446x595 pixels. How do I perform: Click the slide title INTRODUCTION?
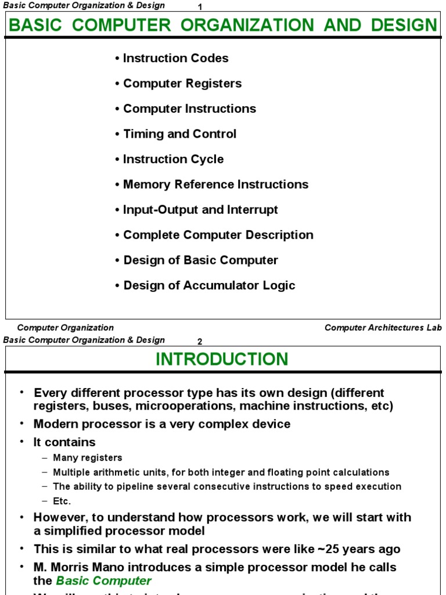(x=222, y=359)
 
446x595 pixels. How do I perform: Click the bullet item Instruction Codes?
(x=175, y=58)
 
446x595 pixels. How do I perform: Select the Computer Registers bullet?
(x=182, y=84)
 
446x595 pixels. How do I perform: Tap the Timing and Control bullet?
(x=179, y=134)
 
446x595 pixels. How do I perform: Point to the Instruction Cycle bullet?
(x=173, y=159)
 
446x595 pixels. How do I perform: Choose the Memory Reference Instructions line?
(x=215, y=185)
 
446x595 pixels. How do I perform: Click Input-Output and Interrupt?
(x=200, y=210)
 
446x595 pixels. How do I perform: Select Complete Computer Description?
(x=218, y=235)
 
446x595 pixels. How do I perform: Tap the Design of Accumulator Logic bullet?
(x=209, y=285)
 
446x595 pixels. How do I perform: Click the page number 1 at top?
(x=200, y=7)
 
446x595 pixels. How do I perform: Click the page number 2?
(x=200, y=341)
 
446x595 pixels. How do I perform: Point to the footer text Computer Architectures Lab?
(x=383, y=328)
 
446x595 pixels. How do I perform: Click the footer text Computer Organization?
(x=66, y=328)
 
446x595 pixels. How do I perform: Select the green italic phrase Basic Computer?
(x=103, y=580)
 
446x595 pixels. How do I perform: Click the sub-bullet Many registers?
(x=88, y=458)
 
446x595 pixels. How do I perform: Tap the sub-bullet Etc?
(x=62, y=501)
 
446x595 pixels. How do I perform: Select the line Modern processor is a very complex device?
(x=162, y=424)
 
